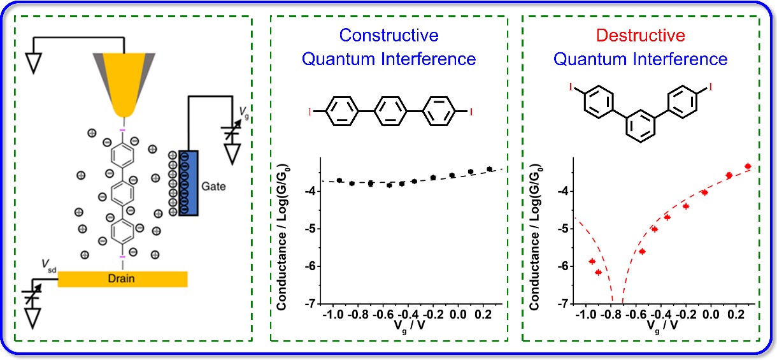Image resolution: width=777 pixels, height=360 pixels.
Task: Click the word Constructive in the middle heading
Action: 388,34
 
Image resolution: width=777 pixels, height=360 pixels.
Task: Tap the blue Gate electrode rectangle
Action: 189,182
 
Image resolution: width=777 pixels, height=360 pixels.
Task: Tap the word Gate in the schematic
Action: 215,187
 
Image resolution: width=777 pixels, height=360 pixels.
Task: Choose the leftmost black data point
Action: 339,180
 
